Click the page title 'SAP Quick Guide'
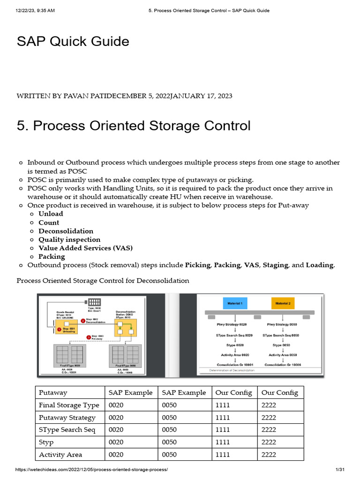click(73, 42)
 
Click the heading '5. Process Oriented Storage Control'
click(134, 126)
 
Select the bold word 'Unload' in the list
click(51, 214)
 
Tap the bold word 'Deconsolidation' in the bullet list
click(66, 231)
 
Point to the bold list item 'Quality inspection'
click(69, 240)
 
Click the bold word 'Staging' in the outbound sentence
click(275, 265)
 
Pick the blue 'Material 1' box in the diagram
click(235, 304)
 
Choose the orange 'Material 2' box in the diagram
click(283, 304)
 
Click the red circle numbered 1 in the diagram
click(60, 330)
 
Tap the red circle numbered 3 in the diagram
click(89, 337)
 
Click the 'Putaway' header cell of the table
click(53, 393)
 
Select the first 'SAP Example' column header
click(130, 393)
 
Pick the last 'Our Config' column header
click(279, 393)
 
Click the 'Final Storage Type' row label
click(69, 405)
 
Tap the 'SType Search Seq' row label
click(67, 430)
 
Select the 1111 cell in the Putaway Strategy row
click(223, 418)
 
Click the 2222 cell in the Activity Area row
click(269, 455)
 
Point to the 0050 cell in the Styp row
click(169, 442)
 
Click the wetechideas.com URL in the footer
click(91, 470)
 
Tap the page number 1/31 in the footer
click(340, 470)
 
